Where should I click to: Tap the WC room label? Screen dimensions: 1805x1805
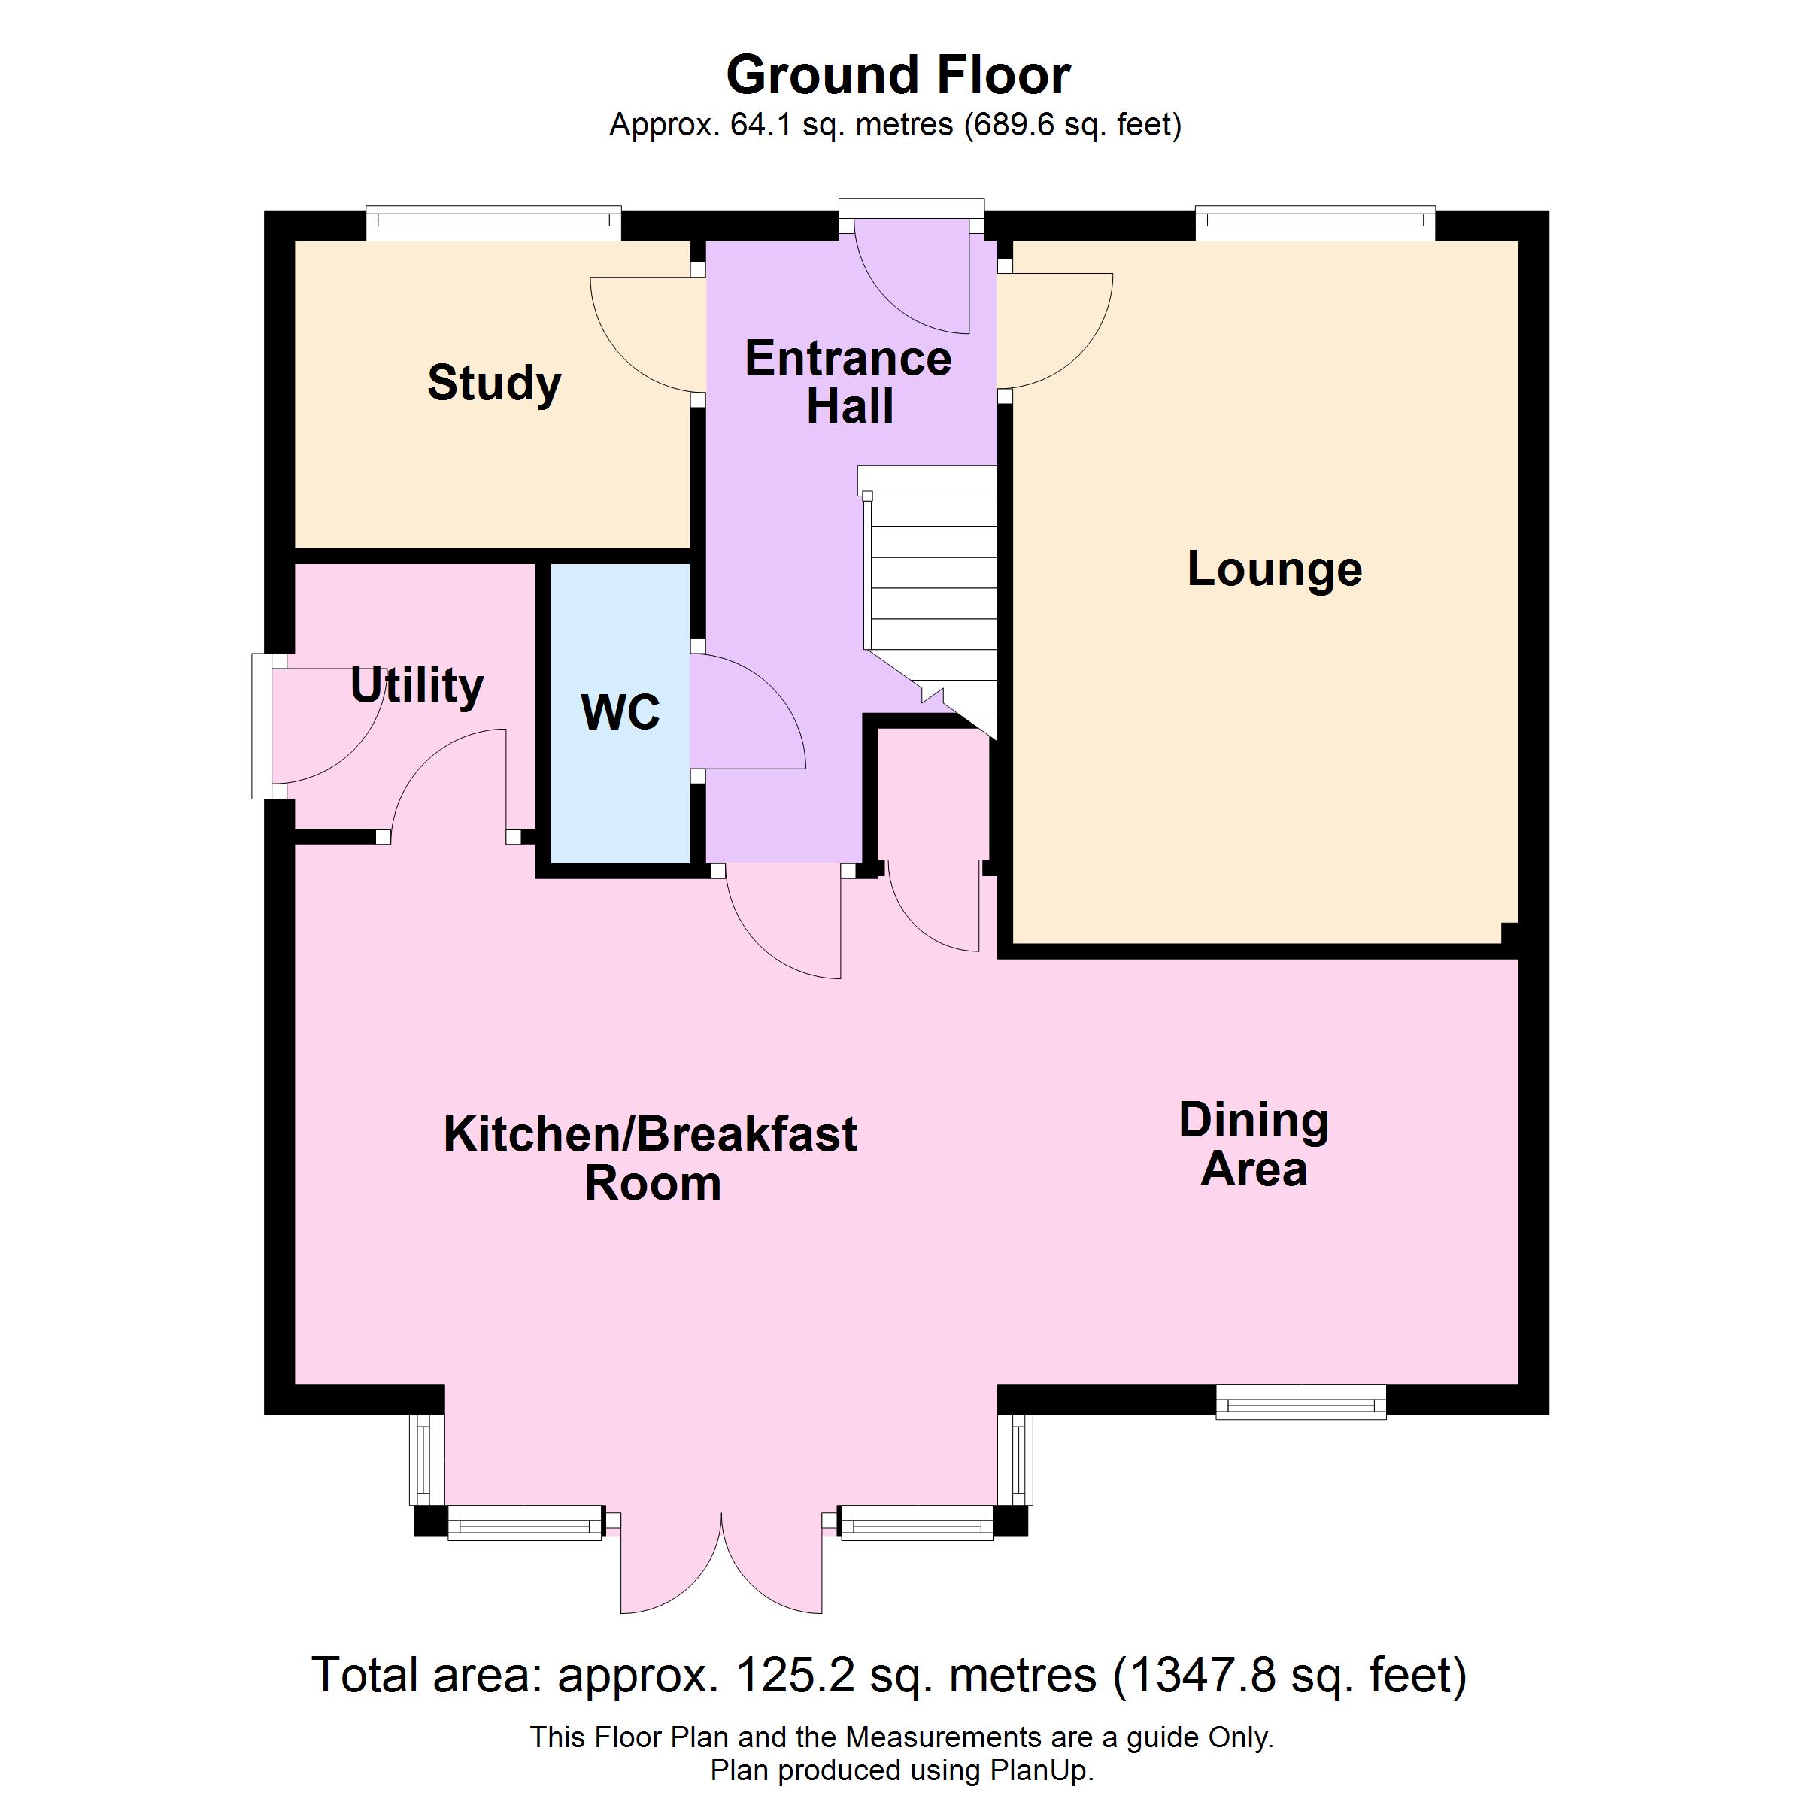(620, 712)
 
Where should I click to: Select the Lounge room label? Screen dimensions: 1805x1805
(1274, 569)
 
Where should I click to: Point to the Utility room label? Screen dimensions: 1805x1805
(417, 687)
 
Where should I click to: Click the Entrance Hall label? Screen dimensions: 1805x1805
(848, 382)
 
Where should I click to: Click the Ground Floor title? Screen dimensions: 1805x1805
(898, 74)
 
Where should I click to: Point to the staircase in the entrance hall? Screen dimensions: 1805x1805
(929, 598)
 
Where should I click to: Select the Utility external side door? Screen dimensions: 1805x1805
(262, 726)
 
